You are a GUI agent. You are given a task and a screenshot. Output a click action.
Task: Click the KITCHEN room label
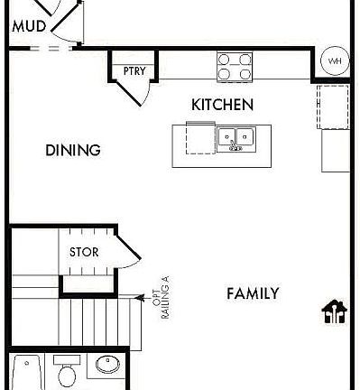[x=222, y=105]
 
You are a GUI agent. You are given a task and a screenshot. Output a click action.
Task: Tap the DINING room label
[x=72, y=151]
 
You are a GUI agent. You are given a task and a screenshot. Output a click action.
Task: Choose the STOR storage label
[x=84, y=253]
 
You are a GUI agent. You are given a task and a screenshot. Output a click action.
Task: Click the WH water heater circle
[x=335, y=61]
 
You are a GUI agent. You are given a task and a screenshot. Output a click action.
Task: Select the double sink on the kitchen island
[x=236, y=137]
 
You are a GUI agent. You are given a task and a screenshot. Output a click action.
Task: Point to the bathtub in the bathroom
[x=24, y=375]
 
